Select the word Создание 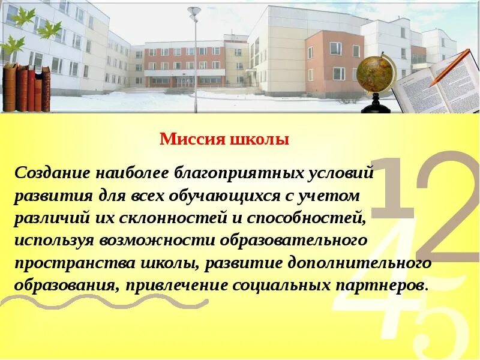pos(50,174)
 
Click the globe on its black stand pos(376,78)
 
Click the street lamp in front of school pos(194,48)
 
